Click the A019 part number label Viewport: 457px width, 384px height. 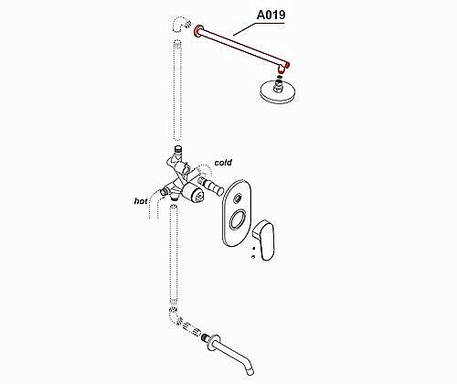(271, 15)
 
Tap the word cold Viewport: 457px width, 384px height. (223, 163)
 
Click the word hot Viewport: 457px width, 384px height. (141, 201)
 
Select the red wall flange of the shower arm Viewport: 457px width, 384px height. (198, 31)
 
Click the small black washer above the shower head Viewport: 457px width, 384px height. (280, 77)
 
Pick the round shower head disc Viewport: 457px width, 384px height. (277, 91)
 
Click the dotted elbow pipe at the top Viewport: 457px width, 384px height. (180, 25)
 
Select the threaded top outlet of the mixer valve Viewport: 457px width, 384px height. (177, 149)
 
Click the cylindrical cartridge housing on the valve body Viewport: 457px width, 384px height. (193, 195)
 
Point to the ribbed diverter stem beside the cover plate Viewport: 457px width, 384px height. (210, 186)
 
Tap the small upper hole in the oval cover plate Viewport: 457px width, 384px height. (238, 199)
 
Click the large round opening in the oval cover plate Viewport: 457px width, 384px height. (239, 219)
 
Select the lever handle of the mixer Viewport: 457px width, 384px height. (264, 240)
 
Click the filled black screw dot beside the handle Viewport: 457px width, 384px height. (253, 248)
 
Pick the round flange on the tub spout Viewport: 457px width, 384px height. (214, 344)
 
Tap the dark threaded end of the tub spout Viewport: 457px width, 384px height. (205, 337)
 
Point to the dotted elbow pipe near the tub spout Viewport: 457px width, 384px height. (175, 317)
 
